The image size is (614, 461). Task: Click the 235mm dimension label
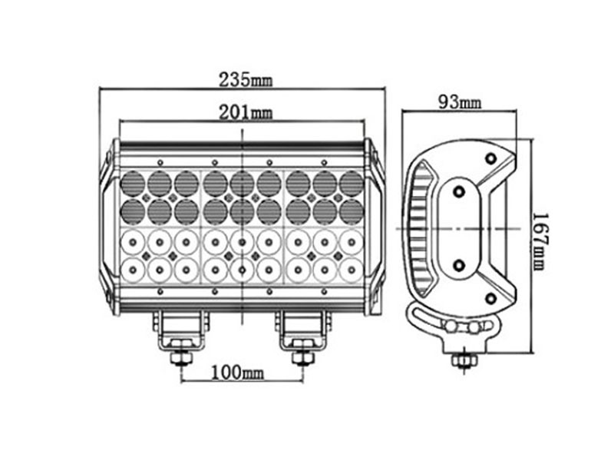point(245,80)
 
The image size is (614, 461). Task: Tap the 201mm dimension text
point(245,112)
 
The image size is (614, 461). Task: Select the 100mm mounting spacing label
point(237,372)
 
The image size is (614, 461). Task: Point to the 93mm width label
point(459,102)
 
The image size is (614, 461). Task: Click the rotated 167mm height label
point(540,242)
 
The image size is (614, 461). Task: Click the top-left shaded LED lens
point(133,184)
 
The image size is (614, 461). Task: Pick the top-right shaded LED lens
point(351,184)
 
